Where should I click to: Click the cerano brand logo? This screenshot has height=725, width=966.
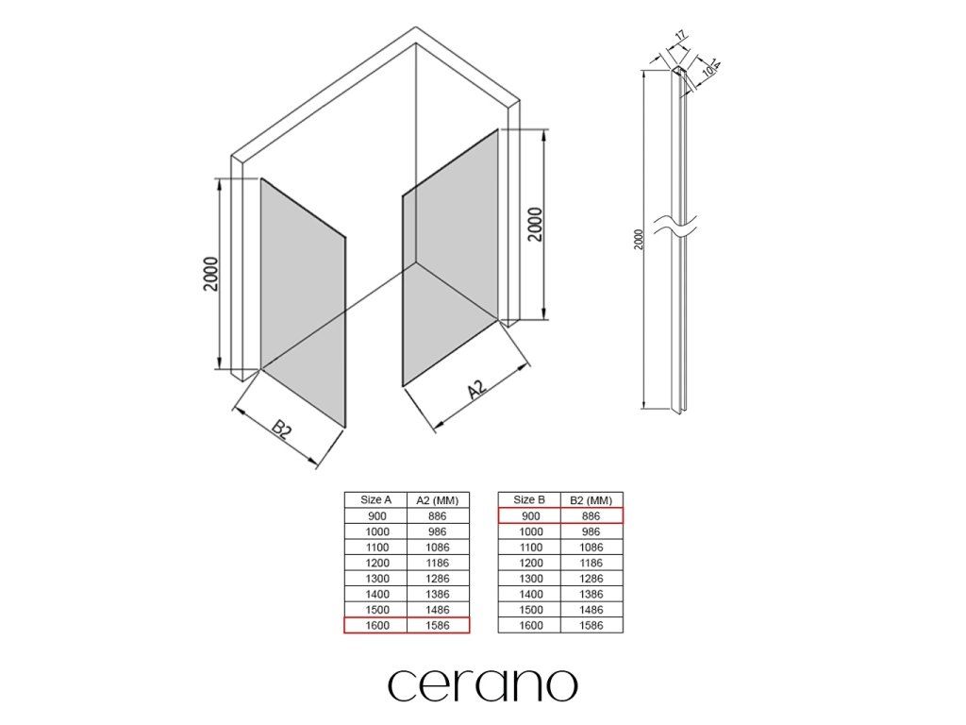[x=482, y=685]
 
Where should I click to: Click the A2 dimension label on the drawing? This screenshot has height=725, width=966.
[x=476, y=389]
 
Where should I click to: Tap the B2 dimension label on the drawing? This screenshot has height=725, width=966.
[x=281, y=430]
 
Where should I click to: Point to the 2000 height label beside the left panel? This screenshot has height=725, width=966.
[x=210, y=274]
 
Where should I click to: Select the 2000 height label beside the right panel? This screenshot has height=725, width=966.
[x=536, y=225]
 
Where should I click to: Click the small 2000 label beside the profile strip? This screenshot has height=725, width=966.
[x=639, y=239]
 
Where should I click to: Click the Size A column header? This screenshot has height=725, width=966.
[x=375, y=499]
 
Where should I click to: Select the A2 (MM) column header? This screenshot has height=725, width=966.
[x=438, y=500]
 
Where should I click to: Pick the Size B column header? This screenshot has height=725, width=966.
[x=529, y=499]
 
